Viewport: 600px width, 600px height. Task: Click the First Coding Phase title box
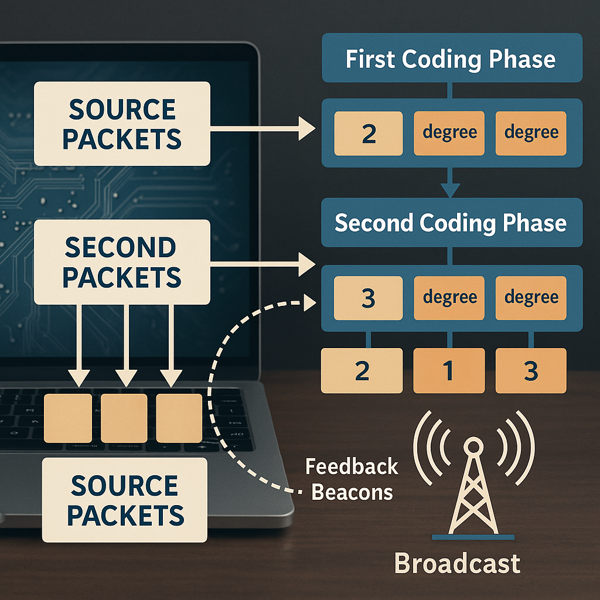pos(452,58)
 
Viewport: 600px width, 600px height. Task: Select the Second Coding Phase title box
pos(452,222)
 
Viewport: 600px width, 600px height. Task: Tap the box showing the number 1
pos(449,370)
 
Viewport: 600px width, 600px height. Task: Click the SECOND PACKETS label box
pos(122,262)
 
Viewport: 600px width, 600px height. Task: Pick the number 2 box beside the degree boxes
pos(369,133)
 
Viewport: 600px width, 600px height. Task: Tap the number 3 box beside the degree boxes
pos(368,298)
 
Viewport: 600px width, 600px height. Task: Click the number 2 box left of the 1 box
pos(362,370)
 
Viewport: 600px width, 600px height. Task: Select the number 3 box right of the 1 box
pos(531,370)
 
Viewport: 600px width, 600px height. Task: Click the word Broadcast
pos(457,563)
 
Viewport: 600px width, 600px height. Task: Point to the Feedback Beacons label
pos(352,479)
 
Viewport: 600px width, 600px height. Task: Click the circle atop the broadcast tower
pos(473,446)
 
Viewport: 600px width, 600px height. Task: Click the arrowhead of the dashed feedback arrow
pos(309,303)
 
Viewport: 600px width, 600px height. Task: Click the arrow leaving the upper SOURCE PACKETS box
pos(262,128)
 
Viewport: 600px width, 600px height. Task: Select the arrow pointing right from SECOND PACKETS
pos(262,264)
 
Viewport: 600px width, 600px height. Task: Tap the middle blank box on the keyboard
pos(124,418)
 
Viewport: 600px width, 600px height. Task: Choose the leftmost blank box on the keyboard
pos(68,418)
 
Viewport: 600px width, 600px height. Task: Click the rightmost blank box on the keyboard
pos(179,418)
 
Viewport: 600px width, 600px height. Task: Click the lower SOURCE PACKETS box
pos(125,500)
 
